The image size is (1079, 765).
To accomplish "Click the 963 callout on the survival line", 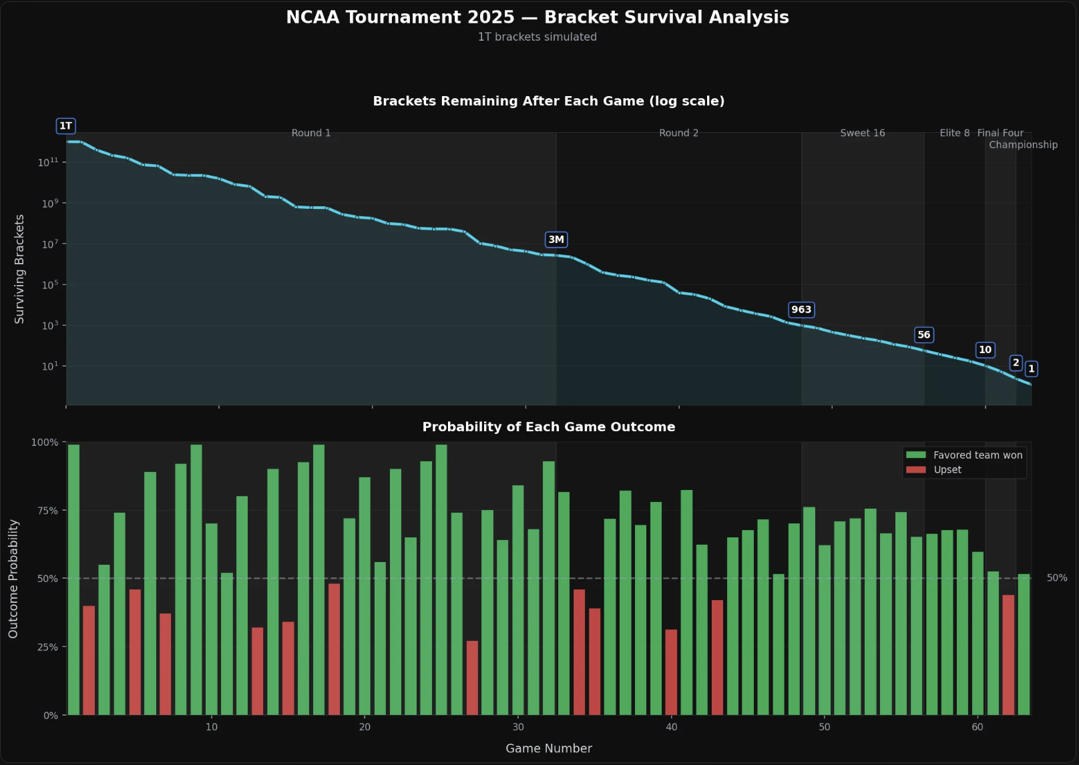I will click(x=801, y=310).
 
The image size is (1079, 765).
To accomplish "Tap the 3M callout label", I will click(x=556, y=240).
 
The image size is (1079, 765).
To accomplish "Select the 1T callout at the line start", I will click(x=65, y=126).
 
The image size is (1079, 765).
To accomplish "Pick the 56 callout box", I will click(x=923, y=335).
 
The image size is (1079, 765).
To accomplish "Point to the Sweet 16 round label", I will click(x=862, y=133).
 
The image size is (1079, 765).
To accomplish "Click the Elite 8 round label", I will click(x=954, y=133).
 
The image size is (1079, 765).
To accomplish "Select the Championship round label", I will click(x=1023, y=145).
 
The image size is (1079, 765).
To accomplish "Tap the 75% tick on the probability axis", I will click(x=47, y=511).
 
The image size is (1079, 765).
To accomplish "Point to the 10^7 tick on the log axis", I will click(x=50, y=244).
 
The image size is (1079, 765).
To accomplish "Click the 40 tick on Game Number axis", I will click(x=672, y=727).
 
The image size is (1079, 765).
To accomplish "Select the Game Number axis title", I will click(x=548, y=748).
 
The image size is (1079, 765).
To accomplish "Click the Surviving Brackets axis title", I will click(x=19, y=269).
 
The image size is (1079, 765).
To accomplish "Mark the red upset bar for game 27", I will click(x=472, y=678).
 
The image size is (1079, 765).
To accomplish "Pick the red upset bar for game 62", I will click(x=1008, y=654).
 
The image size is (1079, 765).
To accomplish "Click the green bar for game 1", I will click(x=73, y=579).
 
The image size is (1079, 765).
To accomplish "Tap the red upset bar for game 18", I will click(x=334, y=649).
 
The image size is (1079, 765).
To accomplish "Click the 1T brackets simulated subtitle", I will click(x=537, y=37).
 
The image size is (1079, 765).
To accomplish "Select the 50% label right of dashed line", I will click(x=1056, y=578).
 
